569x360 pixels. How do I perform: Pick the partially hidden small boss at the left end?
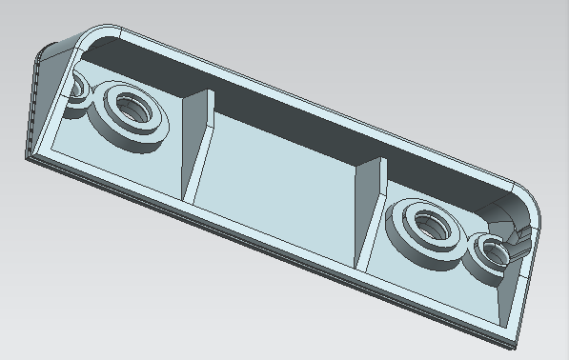(74, 89)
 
